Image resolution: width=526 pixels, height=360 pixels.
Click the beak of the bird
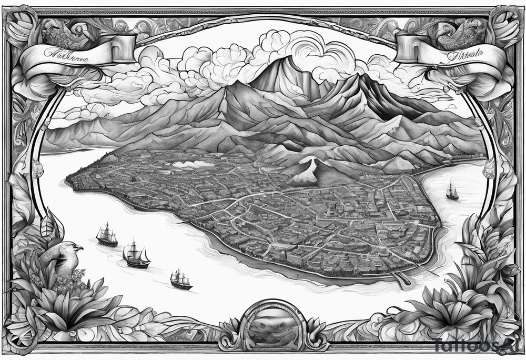coord(79,247)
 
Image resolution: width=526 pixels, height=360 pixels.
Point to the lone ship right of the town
coord(452,190)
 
